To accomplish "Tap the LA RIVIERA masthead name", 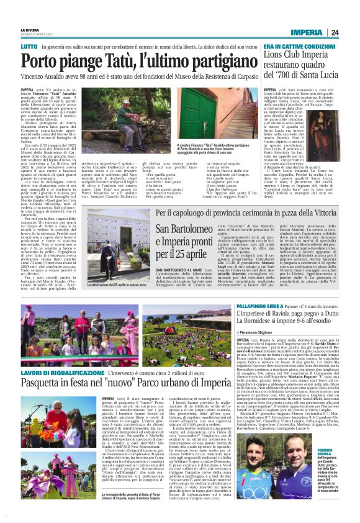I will tap(29, 29).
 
